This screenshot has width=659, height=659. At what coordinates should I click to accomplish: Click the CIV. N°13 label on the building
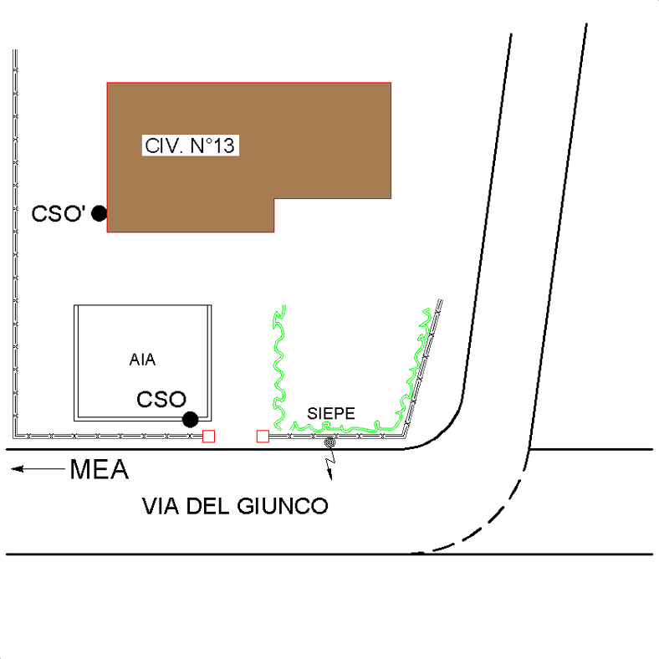[x=190, y=146]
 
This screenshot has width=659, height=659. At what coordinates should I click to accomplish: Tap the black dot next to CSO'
[x=100, y=213]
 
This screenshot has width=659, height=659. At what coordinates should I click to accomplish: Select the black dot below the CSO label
[x=191, y=420]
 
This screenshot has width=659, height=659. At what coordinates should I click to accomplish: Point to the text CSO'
[x=59, y=213]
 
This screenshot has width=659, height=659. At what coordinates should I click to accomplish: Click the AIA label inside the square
[x=142, y=360]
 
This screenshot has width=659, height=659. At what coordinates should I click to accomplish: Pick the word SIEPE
[x=331, y=414]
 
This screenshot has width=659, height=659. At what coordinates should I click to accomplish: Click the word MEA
[x=100, y=469]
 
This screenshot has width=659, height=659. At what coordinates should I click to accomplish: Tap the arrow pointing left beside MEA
[x=38, y=468]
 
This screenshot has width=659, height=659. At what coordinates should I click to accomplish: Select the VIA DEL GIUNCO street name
[x=235, y=506]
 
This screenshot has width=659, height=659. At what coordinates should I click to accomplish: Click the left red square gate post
[x=209, y=437]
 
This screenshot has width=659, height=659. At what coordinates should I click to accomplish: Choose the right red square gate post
[x=263, y=437]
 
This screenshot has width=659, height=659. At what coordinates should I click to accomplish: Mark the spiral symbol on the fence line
[x=330, y=442]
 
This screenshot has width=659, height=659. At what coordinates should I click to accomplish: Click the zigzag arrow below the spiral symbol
[x=331, y=462]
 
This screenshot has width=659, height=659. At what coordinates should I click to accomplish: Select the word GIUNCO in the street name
[x=283, y=506]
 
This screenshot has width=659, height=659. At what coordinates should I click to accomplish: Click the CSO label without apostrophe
[x=161, y=399]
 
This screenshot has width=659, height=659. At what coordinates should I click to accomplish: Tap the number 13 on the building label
[x=223, y=146]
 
